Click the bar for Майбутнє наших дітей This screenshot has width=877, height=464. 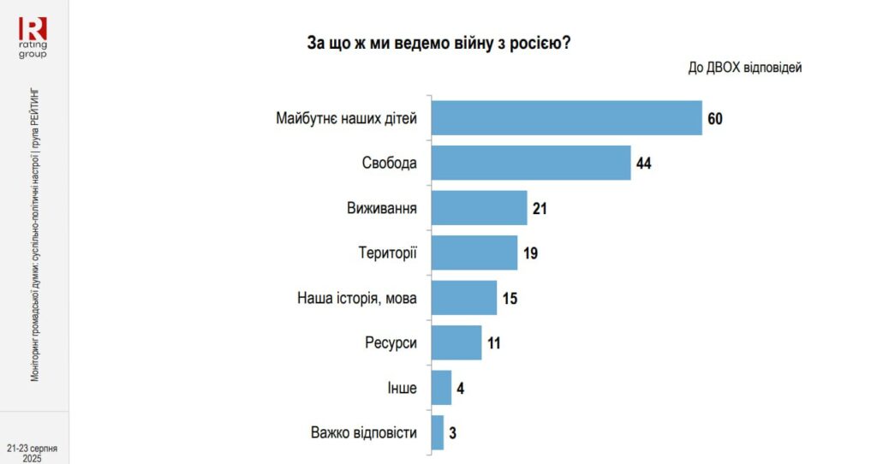566,118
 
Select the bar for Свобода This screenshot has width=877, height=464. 531,163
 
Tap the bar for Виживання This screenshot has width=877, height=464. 479,208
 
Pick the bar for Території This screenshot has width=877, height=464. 474,253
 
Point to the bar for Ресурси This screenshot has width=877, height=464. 456,342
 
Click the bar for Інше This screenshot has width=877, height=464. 441,388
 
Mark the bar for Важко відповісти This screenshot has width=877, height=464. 438,432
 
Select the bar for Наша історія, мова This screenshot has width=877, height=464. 464,298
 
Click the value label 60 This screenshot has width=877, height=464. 716,118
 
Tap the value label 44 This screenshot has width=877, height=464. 645,163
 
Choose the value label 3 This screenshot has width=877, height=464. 452,432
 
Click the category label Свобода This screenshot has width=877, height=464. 390,163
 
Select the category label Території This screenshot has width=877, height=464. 387,253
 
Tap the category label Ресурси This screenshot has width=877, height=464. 391,342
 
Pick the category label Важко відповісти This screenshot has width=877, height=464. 364,432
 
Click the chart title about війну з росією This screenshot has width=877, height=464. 438,43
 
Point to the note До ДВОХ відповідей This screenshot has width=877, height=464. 744,68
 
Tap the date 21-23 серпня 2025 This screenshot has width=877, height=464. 33,452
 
